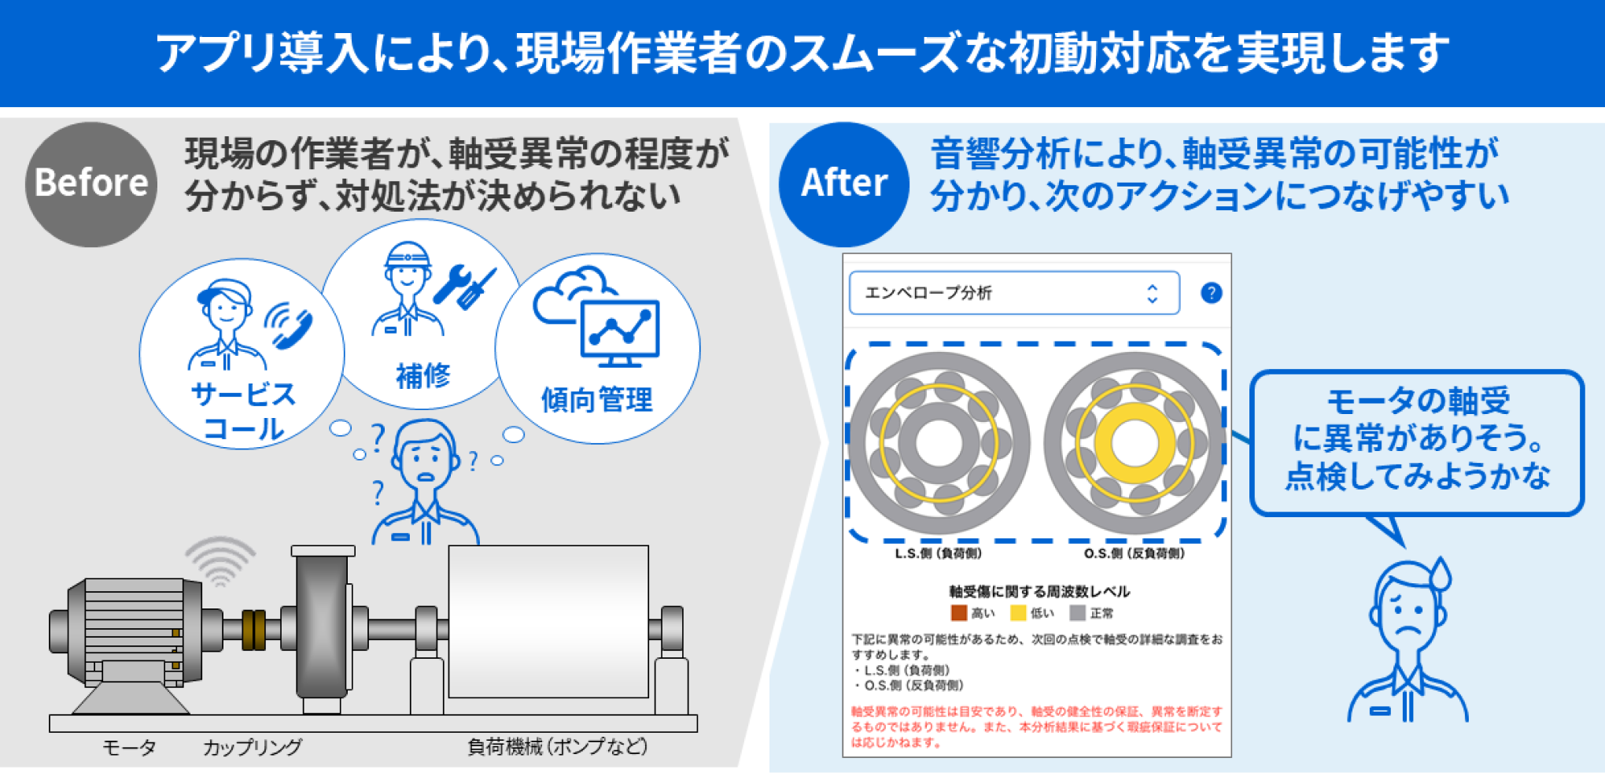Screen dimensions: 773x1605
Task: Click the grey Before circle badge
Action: [x=91, y=184]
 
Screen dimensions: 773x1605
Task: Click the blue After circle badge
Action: [x=843, y=184]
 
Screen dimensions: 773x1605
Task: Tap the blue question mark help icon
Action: [x=1211, y=293]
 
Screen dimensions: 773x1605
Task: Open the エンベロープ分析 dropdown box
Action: [x=1013, y=293]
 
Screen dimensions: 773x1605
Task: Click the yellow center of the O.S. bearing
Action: [x=1134, y=442]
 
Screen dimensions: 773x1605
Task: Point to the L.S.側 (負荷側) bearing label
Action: [x=938, y=553]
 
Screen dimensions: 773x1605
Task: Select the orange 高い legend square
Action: [x=958, y=612]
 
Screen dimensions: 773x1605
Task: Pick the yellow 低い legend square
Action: [x=1018, y=612]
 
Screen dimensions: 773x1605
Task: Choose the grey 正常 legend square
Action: [x=1077, y=612]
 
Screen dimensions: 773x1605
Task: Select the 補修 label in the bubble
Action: [x=423, y=375]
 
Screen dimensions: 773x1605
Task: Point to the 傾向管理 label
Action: [x=596, y=400]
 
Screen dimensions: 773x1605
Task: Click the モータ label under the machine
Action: [x=129, y=746]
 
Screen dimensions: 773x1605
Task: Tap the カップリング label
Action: [x=253, y=746]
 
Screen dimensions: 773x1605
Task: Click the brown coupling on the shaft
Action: [x=253, y=630]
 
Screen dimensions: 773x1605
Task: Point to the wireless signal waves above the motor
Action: [x=221, y=560]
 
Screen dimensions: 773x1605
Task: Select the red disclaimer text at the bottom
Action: [x=1036, y=726]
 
